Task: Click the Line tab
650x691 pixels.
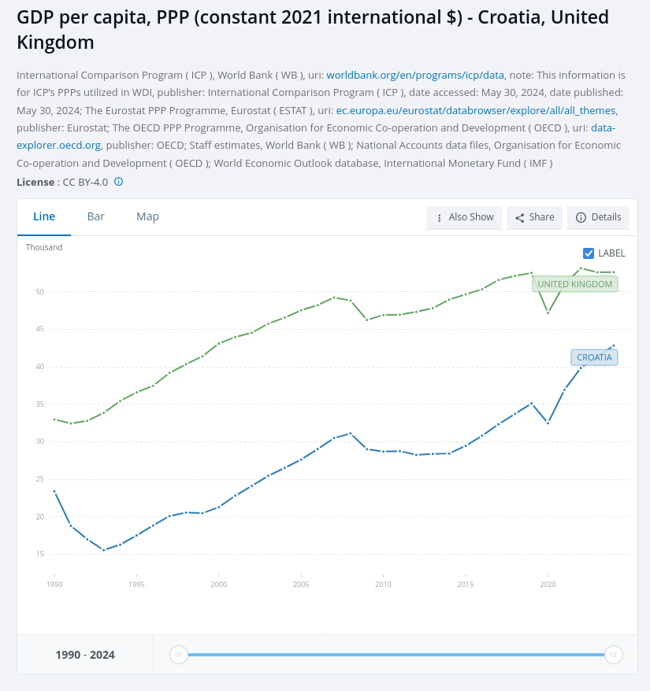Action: coord(44,216)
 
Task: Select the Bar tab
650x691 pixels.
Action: coord(96,216)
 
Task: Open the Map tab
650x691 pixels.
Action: coord(147,216)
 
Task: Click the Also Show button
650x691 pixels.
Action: coord(464,217)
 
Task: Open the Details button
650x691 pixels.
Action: coord(598,217)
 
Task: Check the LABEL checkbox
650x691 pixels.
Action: coord(589,253)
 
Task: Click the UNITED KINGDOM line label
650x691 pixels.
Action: coord(574,284)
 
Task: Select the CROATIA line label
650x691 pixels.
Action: coord(594,357)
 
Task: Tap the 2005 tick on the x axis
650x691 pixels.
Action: coord(301,585)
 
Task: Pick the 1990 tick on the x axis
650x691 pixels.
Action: coord(54,585)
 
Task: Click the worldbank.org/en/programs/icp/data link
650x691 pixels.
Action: coord(415,76)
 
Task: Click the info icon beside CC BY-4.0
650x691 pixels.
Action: coord(119,182)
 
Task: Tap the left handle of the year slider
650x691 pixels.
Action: coord(179,654)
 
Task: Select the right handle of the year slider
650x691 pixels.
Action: coord(613,654)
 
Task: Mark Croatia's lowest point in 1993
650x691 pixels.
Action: coord(104,550)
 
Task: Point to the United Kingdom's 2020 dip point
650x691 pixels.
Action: coord(548,313)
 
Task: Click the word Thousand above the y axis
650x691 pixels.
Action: coord(44,247)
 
